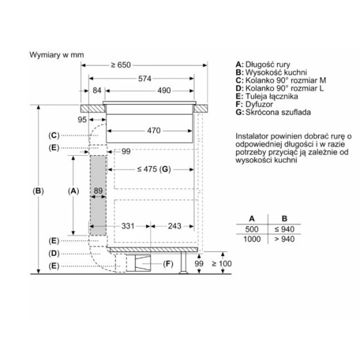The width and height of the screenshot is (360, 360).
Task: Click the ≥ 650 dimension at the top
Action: pos(121,65)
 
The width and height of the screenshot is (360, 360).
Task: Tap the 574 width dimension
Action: pos(145,79)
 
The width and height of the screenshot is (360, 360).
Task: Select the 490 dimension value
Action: pos(164,90)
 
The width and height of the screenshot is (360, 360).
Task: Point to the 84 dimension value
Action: pos(97,90)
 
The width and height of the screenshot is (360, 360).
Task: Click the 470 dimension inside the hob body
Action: pos(154,131)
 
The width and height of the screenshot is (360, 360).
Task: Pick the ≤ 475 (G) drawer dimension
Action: pos(154,170)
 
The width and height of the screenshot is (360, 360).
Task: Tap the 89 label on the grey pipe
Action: pos(98,190)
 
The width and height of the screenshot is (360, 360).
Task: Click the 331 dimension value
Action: pos(128,226)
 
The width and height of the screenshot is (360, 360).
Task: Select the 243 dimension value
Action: pos(175,226)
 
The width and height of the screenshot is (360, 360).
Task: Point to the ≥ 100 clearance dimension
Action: pos(221,264)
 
